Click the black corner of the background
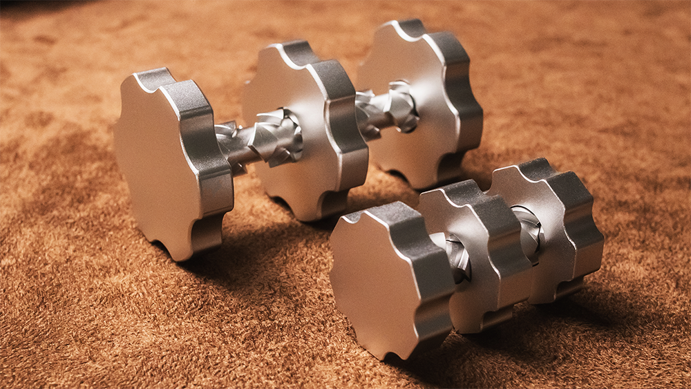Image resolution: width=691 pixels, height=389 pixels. tap(21, 6)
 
